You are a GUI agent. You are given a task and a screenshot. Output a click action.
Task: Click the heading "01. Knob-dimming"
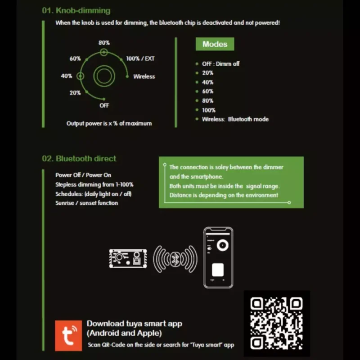76,10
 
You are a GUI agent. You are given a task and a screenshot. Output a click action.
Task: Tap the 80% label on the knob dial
104,43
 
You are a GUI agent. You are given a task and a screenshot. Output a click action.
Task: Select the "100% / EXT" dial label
140,59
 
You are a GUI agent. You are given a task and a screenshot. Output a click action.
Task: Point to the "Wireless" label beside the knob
144,76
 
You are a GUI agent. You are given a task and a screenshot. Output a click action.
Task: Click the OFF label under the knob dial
104,105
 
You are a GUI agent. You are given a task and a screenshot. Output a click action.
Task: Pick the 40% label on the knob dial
67,76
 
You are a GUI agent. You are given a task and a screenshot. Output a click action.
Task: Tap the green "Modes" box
215,44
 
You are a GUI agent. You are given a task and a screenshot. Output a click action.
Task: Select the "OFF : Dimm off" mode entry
220,64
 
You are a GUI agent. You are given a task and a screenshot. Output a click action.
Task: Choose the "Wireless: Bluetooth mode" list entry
235,119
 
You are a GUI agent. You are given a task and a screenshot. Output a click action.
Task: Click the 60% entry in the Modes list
207,91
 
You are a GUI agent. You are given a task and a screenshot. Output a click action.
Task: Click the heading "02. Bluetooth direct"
79,158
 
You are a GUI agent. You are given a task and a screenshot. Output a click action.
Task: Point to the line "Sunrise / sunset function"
87,203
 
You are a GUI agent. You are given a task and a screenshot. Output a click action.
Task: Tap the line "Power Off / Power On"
83,175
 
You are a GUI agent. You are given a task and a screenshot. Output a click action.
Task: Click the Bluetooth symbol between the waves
175,259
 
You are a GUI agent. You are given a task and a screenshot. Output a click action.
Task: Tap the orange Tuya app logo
68,335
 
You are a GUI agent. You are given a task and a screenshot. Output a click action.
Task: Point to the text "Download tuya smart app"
134,324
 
